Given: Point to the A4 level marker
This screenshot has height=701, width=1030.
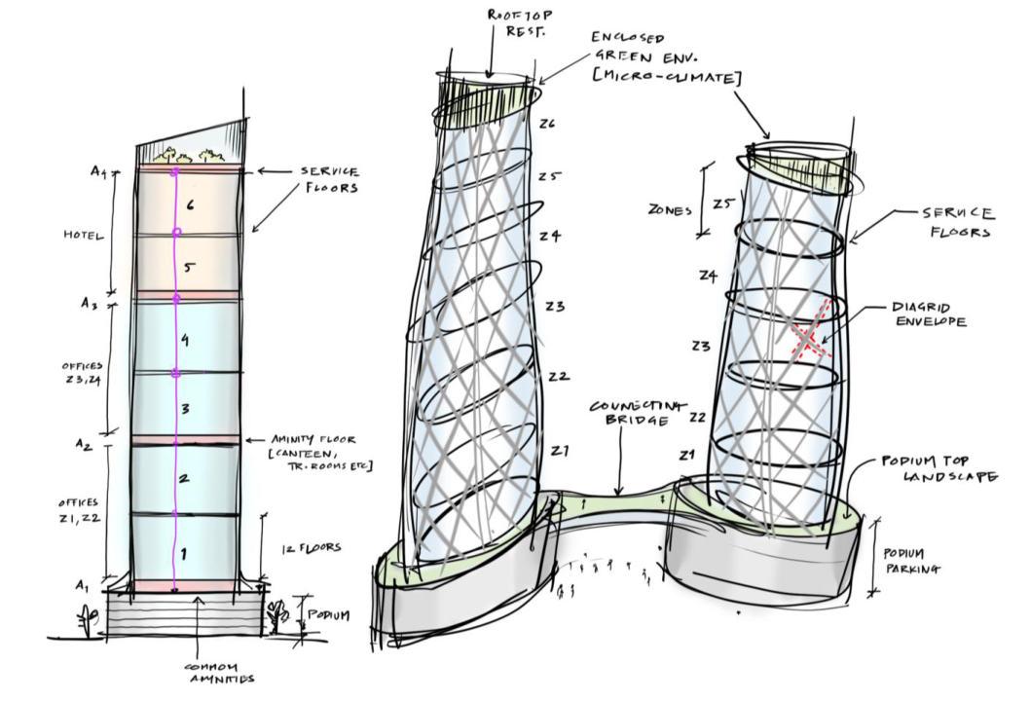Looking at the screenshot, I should click(98, 171).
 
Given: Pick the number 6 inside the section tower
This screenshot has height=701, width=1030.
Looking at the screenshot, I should click(191, 204).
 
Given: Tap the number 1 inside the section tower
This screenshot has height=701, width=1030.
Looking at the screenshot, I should click(183, 554).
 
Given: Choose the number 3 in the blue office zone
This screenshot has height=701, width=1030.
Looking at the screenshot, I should click(184, 409).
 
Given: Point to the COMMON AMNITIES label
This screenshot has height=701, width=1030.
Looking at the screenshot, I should click(220, 672).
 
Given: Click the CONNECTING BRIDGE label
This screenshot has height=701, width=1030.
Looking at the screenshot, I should click(638, 413).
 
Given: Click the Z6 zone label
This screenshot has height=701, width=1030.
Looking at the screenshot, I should click(547, 124).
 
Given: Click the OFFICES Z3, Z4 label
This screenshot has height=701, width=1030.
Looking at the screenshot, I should click(83, 373).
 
